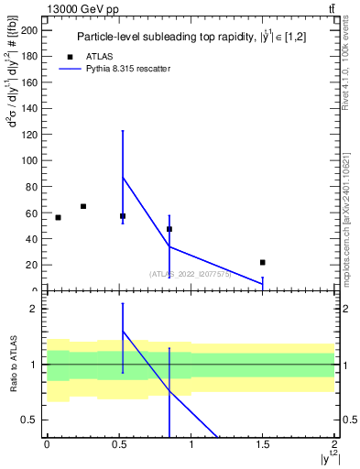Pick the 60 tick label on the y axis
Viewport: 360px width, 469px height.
[x=32, y=213]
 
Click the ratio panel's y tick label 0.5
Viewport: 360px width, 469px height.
[x=32, y=420]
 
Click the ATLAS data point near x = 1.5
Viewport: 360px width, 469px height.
[x=263, y=262]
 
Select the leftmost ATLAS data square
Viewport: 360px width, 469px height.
[x=58, y=217]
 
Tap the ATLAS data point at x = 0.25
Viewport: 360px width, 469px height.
[x=83, y=206]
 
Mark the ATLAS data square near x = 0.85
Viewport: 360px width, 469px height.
[x=169, y=229]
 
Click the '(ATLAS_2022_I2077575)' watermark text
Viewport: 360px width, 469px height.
[x=190, y=274]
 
